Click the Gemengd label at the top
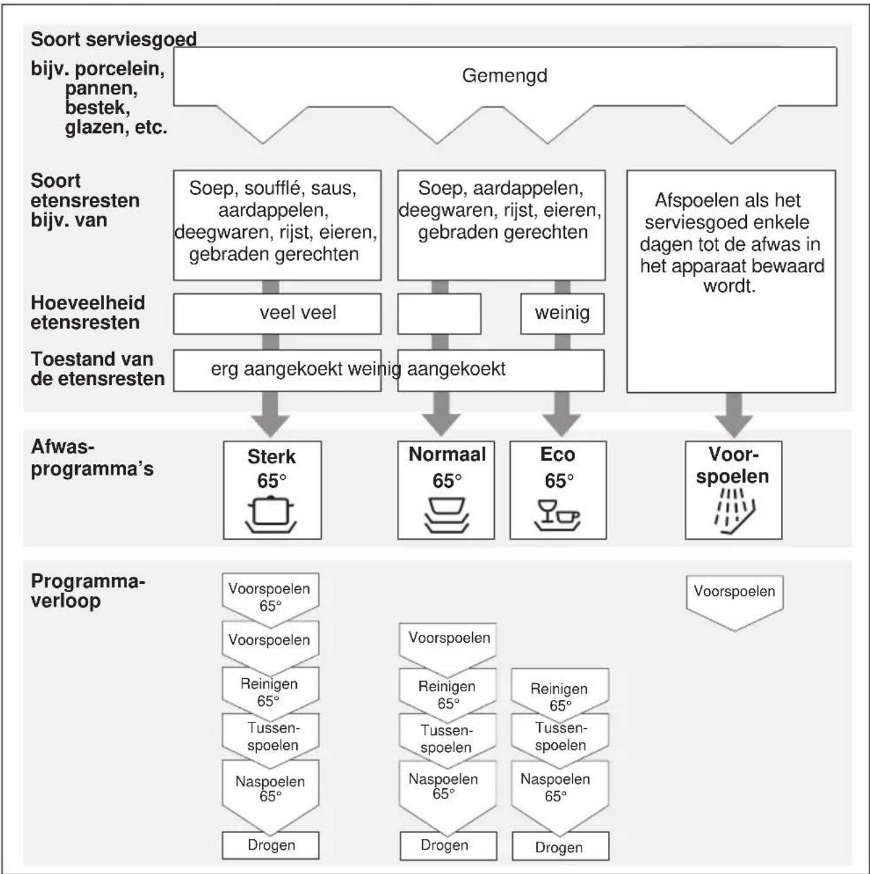(x=504, y=76)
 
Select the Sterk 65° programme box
(x=272, y=490)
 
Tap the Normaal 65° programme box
(x=446, y=490)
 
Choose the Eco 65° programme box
(x=558, y=490)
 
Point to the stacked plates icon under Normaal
(x=447, y=515)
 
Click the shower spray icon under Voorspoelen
(x=734, y=511)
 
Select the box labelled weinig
(x=562, y=314)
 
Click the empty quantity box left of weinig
(x=439, y=314)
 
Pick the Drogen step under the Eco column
(x=560, y=847)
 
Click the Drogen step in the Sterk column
(x=271, y=845)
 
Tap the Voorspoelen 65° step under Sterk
(x=271, y=598)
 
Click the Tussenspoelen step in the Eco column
(x=560, y=738)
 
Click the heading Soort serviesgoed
(x=114, y=40)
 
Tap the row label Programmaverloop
(x=88, y=591)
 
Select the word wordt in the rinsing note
(x=730, y=286)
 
